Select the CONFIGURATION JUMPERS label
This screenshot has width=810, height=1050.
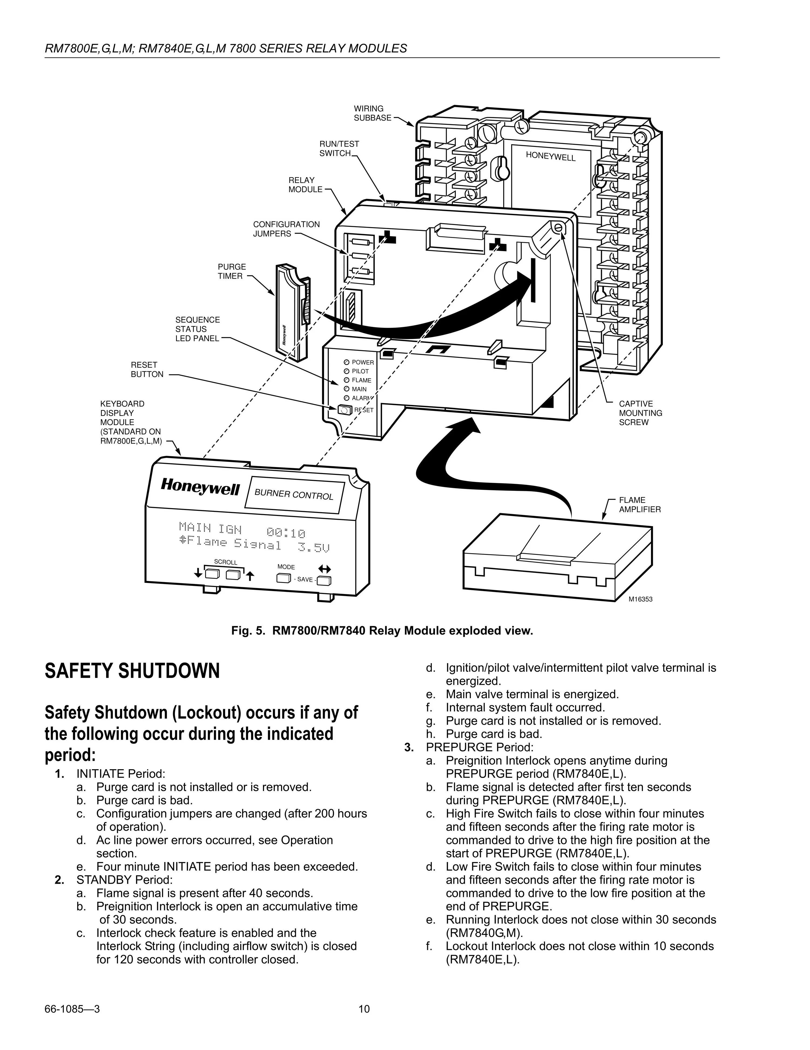(x=286, y=229)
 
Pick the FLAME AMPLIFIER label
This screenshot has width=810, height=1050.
(x=639, y=504)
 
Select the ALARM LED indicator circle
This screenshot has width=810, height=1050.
(x=346, y=398)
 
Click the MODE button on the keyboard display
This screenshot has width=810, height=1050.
(x=283, y=578)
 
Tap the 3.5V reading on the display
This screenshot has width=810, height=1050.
(x=313, y=547)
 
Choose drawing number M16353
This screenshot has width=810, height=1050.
(x=641, y=599)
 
